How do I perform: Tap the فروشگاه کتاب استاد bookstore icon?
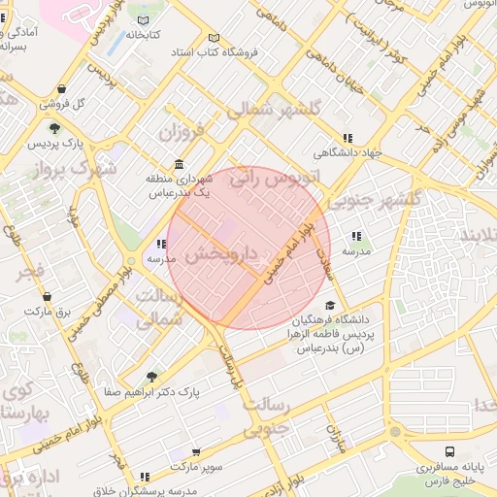click(x=214, y=39)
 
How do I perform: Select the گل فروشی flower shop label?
click(x=68, y=103)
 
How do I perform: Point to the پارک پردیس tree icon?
click(x=54, y=127)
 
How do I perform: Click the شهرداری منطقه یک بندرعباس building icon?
click(x=178, y=164)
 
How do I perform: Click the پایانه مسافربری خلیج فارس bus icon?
click(x=449, y=452)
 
